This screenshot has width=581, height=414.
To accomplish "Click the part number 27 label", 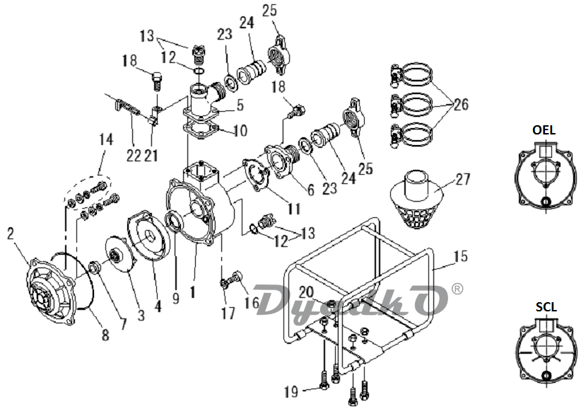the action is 463,180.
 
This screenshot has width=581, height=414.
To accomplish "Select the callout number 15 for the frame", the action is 461,256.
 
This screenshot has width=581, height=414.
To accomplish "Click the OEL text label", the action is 544,130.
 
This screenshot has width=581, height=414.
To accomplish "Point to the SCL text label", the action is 546,307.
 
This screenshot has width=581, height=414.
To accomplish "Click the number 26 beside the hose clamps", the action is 462,105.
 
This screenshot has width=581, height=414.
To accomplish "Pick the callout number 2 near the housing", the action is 11,234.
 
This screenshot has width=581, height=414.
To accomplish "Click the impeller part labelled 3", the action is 119,256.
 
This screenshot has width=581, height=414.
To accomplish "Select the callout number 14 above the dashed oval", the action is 106,139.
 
